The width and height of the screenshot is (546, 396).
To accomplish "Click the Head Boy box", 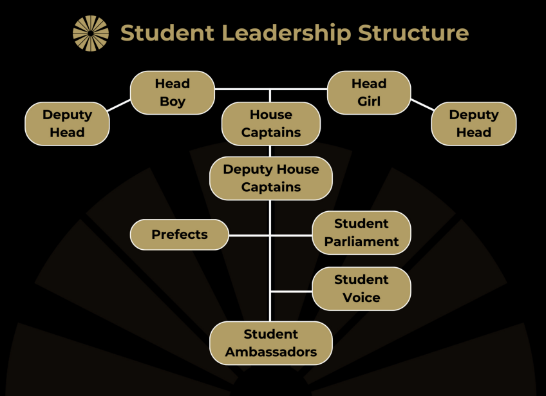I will (172, 92).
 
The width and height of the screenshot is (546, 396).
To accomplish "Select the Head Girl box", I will (369, 92).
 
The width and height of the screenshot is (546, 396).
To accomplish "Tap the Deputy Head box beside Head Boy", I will (67, 124).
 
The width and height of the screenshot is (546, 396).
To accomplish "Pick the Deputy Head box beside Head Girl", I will (474, 124).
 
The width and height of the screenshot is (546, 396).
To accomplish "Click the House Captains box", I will (271, 124).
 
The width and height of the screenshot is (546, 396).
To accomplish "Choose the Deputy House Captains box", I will (271, 178).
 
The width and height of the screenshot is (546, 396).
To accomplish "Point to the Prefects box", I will (180, 234).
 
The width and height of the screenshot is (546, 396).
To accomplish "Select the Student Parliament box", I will (361, 232).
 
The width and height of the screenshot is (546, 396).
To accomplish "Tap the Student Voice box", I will (361, 288).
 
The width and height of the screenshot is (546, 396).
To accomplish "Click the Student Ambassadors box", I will (271, 343).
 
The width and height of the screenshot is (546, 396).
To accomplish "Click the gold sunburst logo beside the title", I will (91, 33).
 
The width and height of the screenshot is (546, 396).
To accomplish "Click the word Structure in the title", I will (413, 32).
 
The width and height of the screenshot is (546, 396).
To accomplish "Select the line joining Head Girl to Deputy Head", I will (422, 105).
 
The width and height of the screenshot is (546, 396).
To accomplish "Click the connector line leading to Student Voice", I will (291, 291).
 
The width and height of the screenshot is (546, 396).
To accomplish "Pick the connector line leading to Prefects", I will (249, 235).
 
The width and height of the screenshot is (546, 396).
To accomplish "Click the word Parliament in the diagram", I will (361, 241).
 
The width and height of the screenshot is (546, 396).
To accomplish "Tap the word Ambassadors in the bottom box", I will (271, 352).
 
